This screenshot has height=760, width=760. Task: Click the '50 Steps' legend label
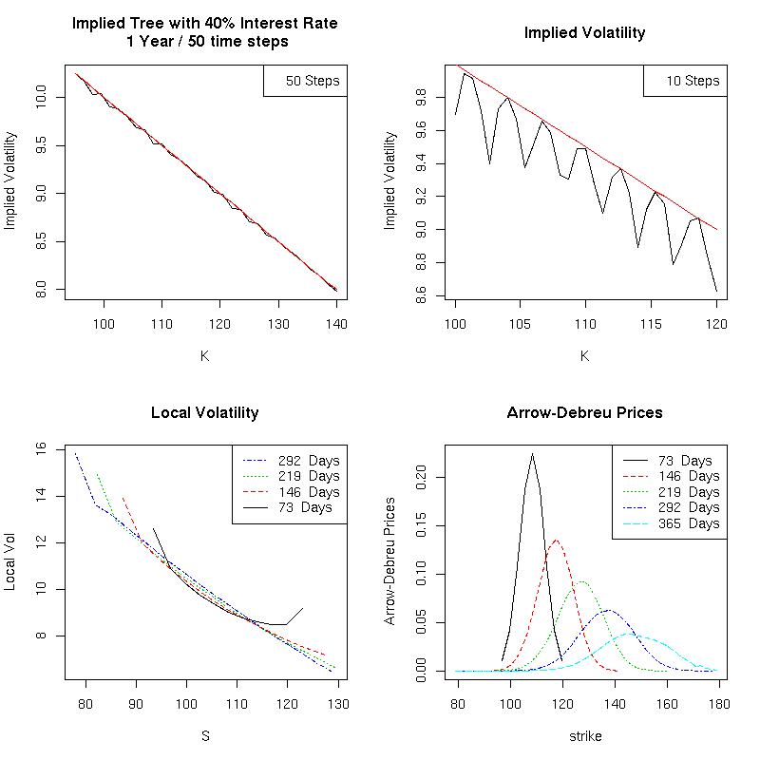pyautogui.click(x=313, y=82)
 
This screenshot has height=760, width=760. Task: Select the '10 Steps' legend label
pyautogui.click(x=693, y=82)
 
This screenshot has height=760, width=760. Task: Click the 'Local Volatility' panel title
pyautogui.click(x=204, y=413)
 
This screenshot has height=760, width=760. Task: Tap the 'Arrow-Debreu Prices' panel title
pyautogui.click(x=584, y=413)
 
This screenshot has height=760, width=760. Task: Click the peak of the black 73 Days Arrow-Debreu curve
pyautogui.click(x=532, y=454)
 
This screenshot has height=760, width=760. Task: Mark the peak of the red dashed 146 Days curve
pyautogui.click(x=555, y=541)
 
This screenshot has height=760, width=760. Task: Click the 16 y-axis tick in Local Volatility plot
pyautogui.click(x=53, y=449)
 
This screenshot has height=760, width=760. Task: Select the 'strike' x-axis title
pyautogui.click(x=584, y=736)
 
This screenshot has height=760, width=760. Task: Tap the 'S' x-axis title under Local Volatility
pyautogui.click(x=204, y=736)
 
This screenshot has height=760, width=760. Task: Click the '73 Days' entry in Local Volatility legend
pyautogui.click(x=305, y=507)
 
